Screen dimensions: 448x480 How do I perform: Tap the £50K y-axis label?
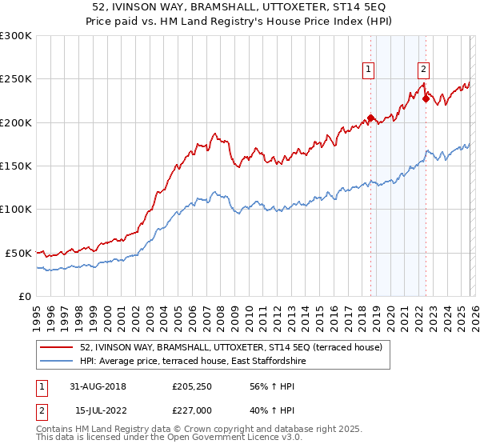pos(18,253)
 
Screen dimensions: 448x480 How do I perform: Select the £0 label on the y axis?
pos(26,296)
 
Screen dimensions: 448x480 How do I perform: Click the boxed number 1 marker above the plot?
pos(369,70)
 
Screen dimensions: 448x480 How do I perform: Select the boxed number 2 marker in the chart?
pos(423,70)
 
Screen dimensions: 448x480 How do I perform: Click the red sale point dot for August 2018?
pos(371,118)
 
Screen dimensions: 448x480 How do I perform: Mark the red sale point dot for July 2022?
pos(426,99)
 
